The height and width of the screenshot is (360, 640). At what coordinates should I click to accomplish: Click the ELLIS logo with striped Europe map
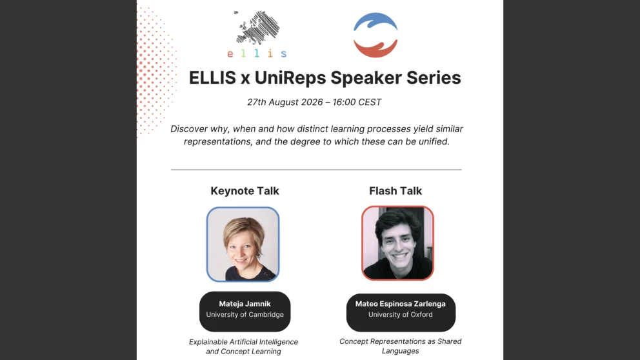point(257,34)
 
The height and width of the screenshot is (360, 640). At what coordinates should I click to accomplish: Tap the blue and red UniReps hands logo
point(375,35)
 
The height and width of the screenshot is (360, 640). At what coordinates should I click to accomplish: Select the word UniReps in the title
point(290,77)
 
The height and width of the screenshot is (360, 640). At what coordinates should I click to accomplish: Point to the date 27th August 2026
point(285,102)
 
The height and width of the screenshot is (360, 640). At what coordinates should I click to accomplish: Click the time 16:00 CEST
point(357,102)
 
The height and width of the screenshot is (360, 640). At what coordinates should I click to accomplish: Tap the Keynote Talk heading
point(245,191)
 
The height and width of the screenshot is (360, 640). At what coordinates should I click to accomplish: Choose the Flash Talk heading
point(395,191)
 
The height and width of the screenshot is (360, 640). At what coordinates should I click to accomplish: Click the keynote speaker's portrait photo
point(243,244)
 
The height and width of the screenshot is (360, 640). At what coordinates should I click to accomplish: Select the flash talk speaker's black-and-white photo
point(397,243)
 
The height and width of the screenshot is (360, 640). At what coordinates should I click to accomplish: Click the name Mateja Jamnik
point(245,304)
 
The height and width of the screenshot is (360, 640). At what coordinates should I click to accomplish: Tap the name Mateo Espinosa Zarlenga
point(401,304)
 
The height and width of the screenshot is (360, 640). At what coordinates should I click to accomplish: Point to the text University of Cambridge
point(245,315)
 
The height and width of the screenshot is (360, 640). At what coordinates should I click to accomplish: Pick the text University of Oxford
point(401,315)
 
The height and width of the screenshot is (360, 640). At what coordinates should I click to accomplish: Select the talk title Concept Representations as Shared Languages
point(401,346)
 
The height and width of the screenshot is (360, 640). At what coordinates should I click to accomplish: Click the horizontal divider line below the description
point(316,170)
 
